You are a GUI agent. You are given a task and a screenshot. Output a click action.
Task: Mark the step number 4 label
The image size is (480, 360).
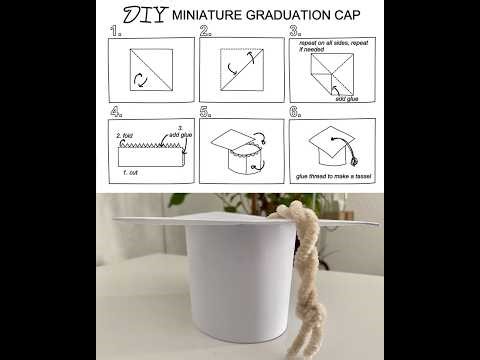point(117,112)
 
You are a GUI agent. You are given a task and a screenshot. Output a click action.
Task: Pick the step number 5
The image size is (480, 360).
point(205,112)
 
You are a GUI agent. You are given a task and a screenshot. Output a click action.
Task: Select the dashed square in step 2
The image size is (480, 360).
point(241,69)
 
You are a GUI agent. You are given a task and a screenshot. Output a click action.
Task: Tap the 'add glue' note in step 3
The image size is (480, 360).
point(346,99)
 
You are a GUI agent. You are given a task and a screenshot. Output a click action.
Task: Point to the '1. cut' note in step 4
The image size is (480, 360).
point(130,172)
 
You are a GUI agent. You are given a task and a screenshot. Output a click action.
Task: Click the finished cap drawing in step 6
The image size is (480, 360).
point(330,145)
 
